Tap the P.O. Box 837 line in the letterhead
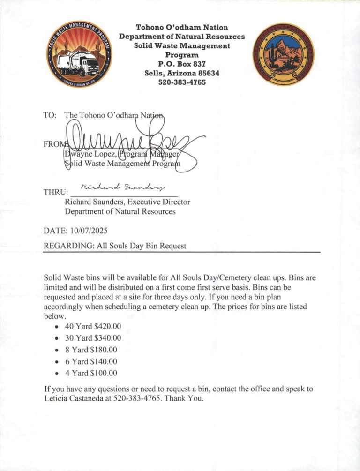pos(182,64)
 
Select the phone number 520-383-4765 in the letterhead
pos(182,82)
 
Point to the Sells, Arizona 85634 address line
pos(182,73)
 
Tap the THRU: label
pos(55,192)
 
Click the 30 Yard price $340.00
pos(107,338)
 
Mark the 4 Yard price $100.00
pos(103,373)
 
